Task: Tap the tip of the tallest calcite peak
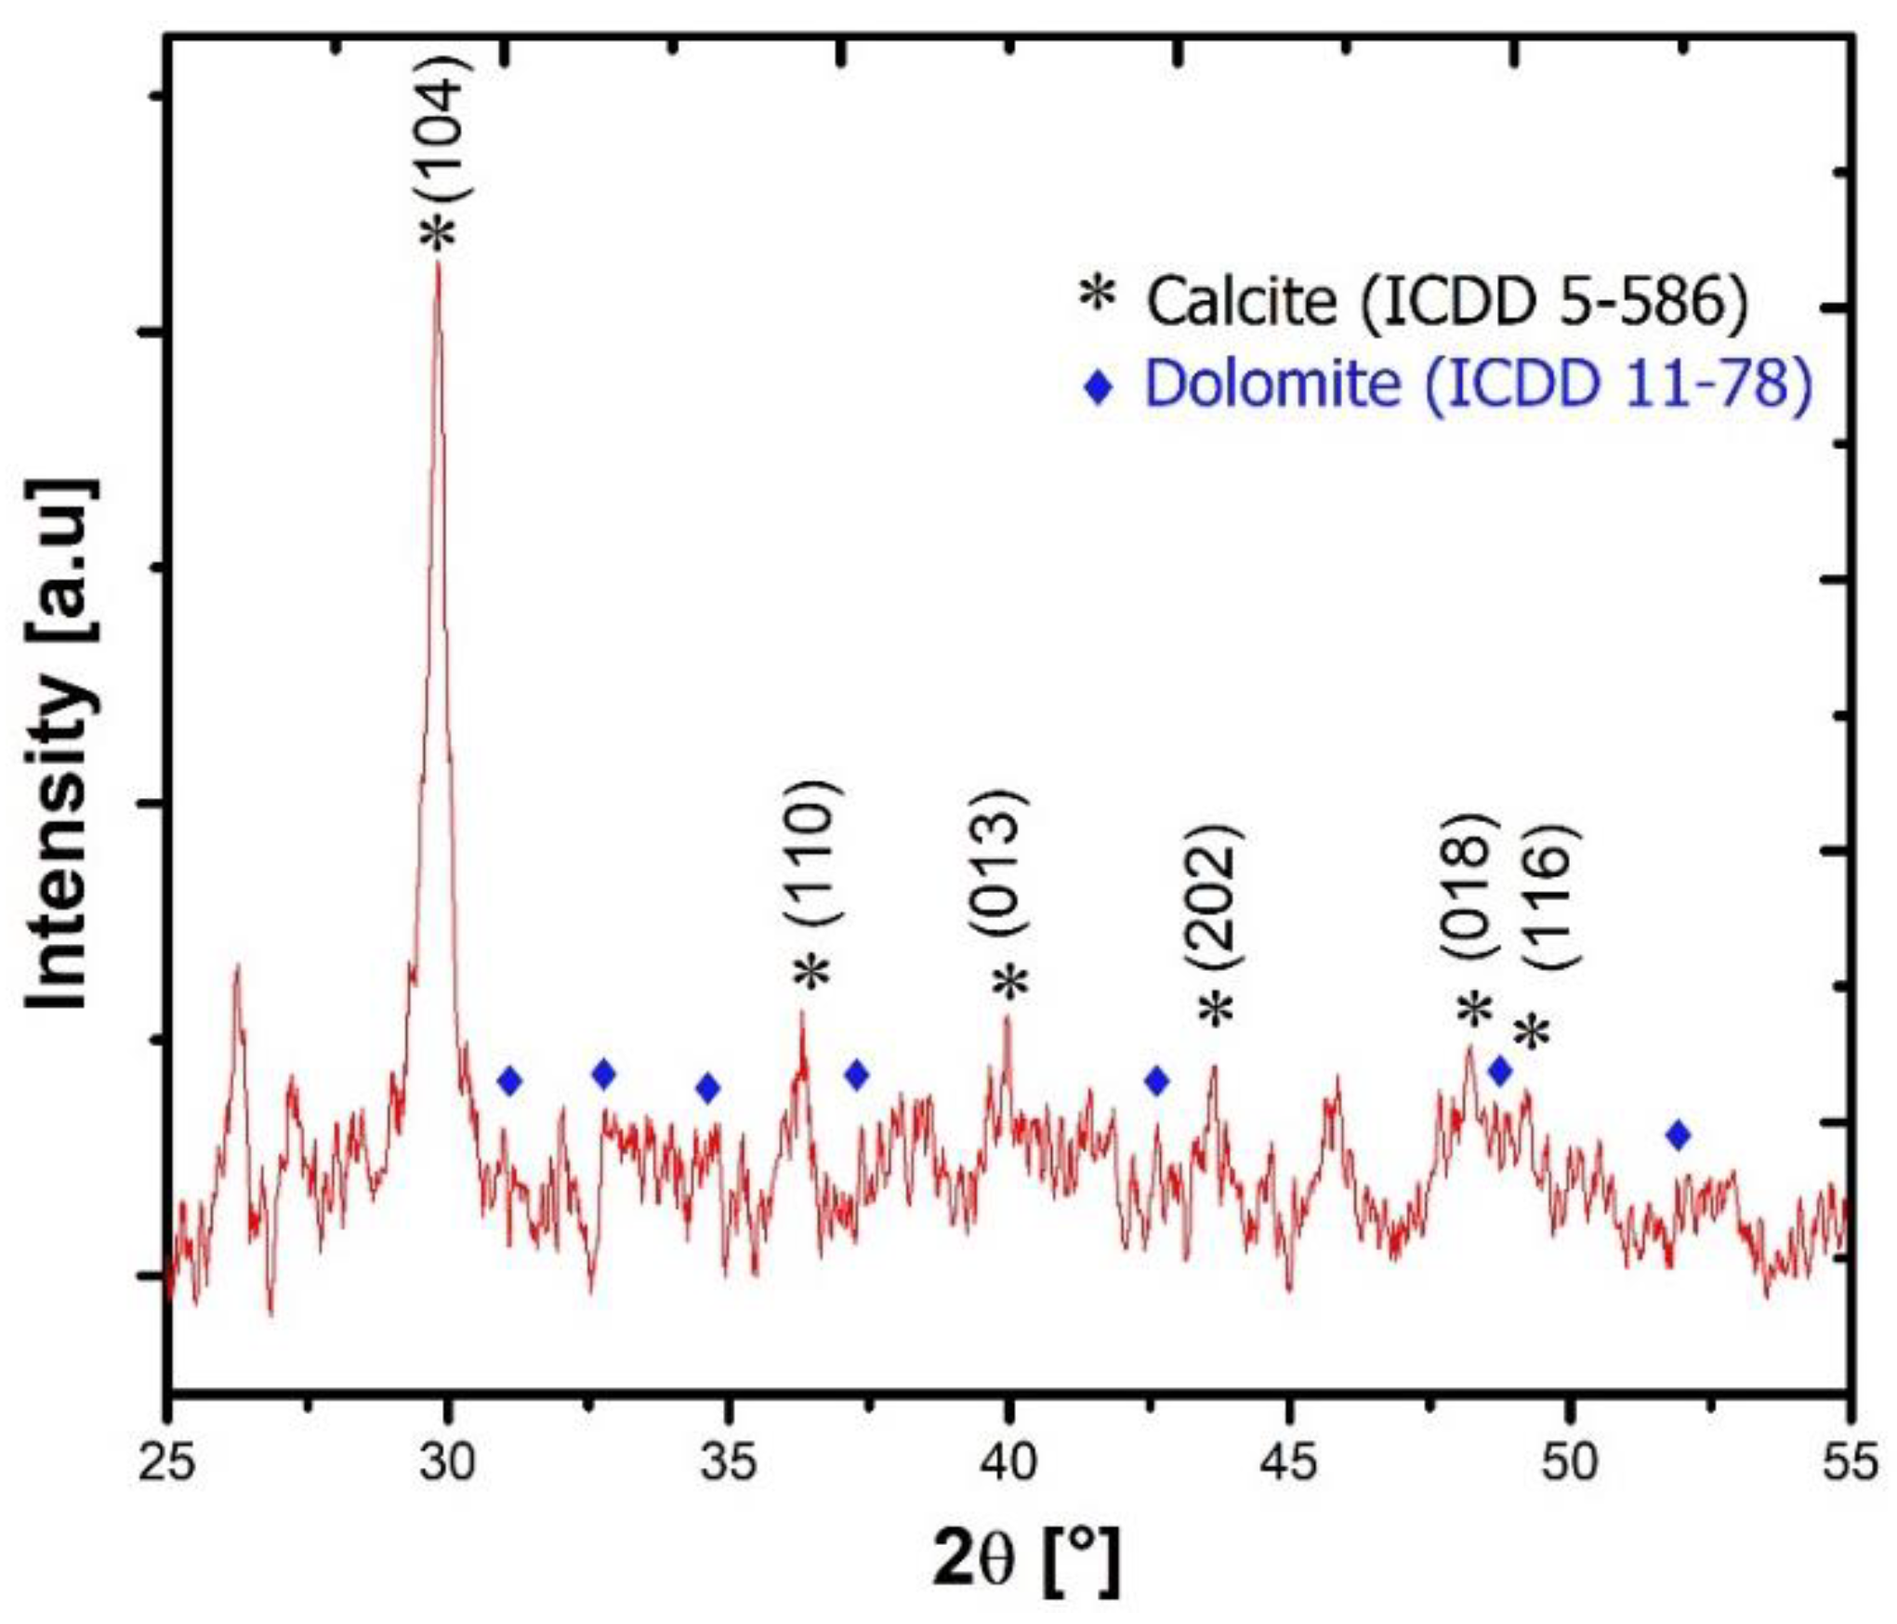(x=438, y=265)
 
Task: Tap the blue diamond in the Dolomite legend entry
(x=1100, y=387)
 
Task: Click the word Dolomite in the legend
(x=1271, y=383)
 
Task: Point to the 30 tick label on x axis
(x=448, y=1462)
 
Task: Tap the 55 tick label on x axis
(x=1850, y=1462)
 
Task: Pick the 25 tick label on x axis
(x=167, y=1462)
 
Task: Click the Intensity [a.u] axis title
(x=60, y=744)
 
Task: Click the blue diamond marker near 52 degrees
(x=1678, y=1134)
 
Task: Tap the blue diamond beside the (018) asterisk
(x=1500, y=1071)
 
